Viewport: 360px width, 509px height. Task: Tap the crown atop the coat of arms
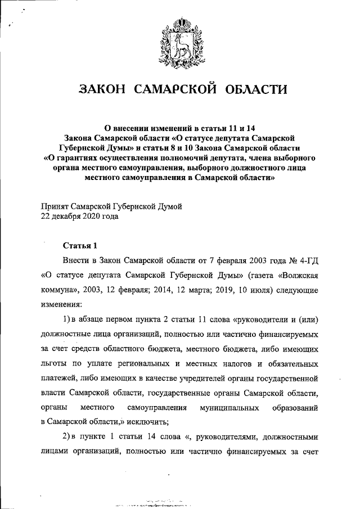coord(181,22)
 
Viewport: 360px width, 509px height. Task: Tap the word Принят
coord(58,206)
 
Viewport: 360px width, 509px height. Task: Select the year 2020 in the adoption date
coord(93,216)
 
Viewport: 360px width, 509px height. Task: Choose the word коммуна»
coord(62,291)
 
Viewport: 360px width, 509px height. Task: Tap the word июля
coord(240,291)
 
